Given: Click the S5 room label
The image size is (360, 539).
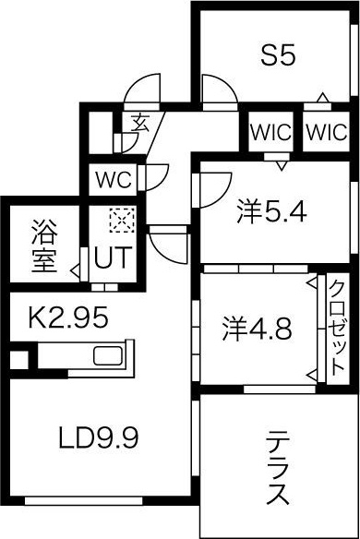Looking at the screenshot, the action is tap(277, 56).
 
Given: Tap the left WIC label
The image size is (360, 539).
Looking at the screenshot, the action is tap(270, 131).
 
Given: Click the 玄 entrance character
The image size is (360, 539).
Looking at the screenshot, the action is tap(140, 121).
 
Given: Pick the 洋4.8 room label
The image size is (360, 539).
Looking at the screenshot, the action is tap(258, 328).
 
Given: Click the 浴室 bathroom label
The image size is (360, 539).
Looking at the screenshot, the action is tap(42, 246).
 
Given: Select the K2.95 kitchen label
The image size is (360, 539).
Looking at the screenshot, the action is tap(68, 319).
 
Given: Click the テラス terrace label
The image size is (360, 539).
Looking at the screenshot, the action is tap(277, 467).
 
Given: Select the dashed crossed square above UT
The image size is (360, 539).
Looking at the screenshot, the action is tap(122, 221).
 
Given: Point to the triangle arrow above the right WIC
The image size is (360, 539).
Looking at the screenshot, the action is tap(322, 99).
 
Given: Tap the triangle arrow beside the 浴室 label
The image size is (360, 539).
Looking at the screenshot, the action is tap(73, 271).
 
